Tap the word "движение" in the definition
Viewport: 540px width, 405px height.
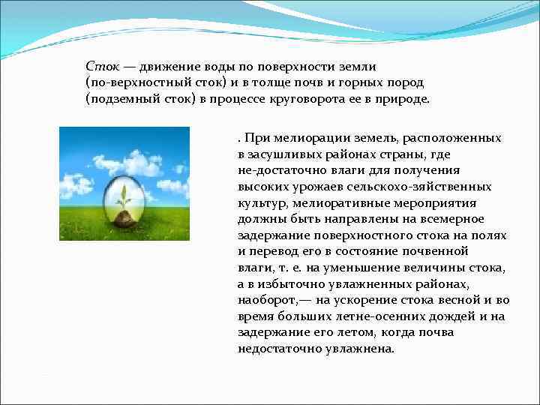(x=162, y=67)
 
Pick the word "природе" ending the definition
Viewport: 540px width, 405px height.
(x=406, y=99)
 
